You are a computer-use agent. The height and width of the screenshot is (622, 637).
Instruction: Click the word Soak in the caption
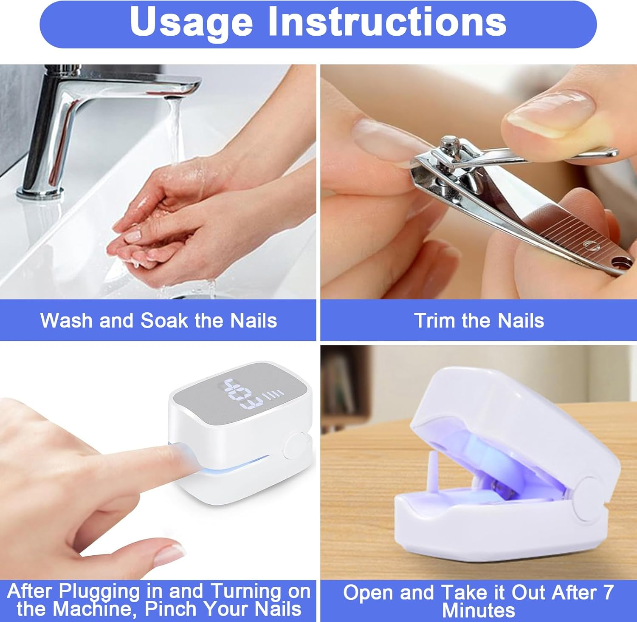[x=164, y=320]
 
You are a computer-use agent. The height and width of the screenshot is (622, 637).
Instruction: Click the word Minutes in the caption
[x=478, y=610]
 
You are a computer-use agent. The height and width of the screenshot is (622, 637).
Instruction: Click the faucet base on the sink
[x=40, y=192]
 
